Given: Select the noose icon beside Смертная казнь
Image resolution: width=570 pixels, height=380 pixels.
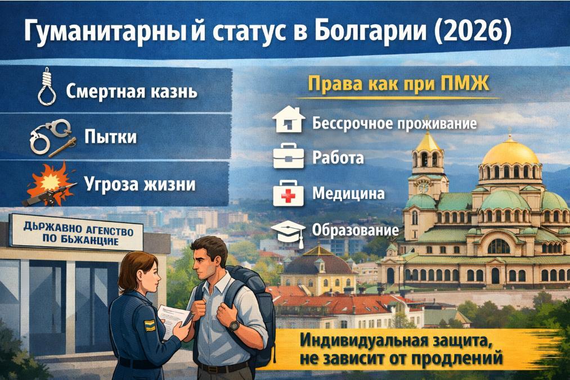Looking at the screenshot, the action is pyautogui.click(x=47, y=87).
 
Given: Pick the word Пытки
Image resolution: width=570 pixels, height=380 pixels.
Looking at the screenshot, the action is pyautogui.click(x=110, y=137).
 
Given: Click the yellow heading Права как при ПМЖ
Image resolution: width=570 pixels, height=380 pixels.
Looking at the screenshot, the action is pyautogui.click(x=399, y=84).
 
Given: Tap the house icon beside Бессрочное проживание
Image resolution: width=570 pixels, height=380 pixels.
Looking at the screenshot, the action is pyautogui.click(x=289, y=120).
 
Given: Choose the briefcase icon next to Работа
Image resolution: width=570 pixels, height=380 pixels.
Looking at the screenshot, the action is pyautogui.click(x=289, y=156).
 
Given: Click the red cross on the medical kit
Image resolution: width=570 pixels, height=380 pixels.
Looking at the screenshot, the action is pyautogui.click(x=289, y=197).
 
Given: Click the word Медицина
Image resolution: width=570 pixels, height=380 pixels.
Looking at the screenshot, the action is pyautogui.click(x=348, y=193).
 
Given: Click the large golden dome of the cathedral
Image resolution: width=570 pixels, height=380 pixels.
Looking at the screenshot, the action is pyautogui.click(x=510, y=151).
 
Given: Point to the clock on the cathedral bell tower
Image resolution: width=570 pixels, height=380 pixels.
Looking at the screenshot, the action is pyautogui.click(x=424, y=187).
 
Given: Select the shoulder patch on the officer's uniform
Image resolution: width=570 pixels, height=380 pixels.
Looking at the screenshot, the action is pyautogui.click(x=150, y=325).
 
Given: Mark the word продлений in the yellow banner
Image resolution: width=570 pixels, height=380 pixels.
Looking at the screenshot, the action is pyautogui.click(x=457, y=359).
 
